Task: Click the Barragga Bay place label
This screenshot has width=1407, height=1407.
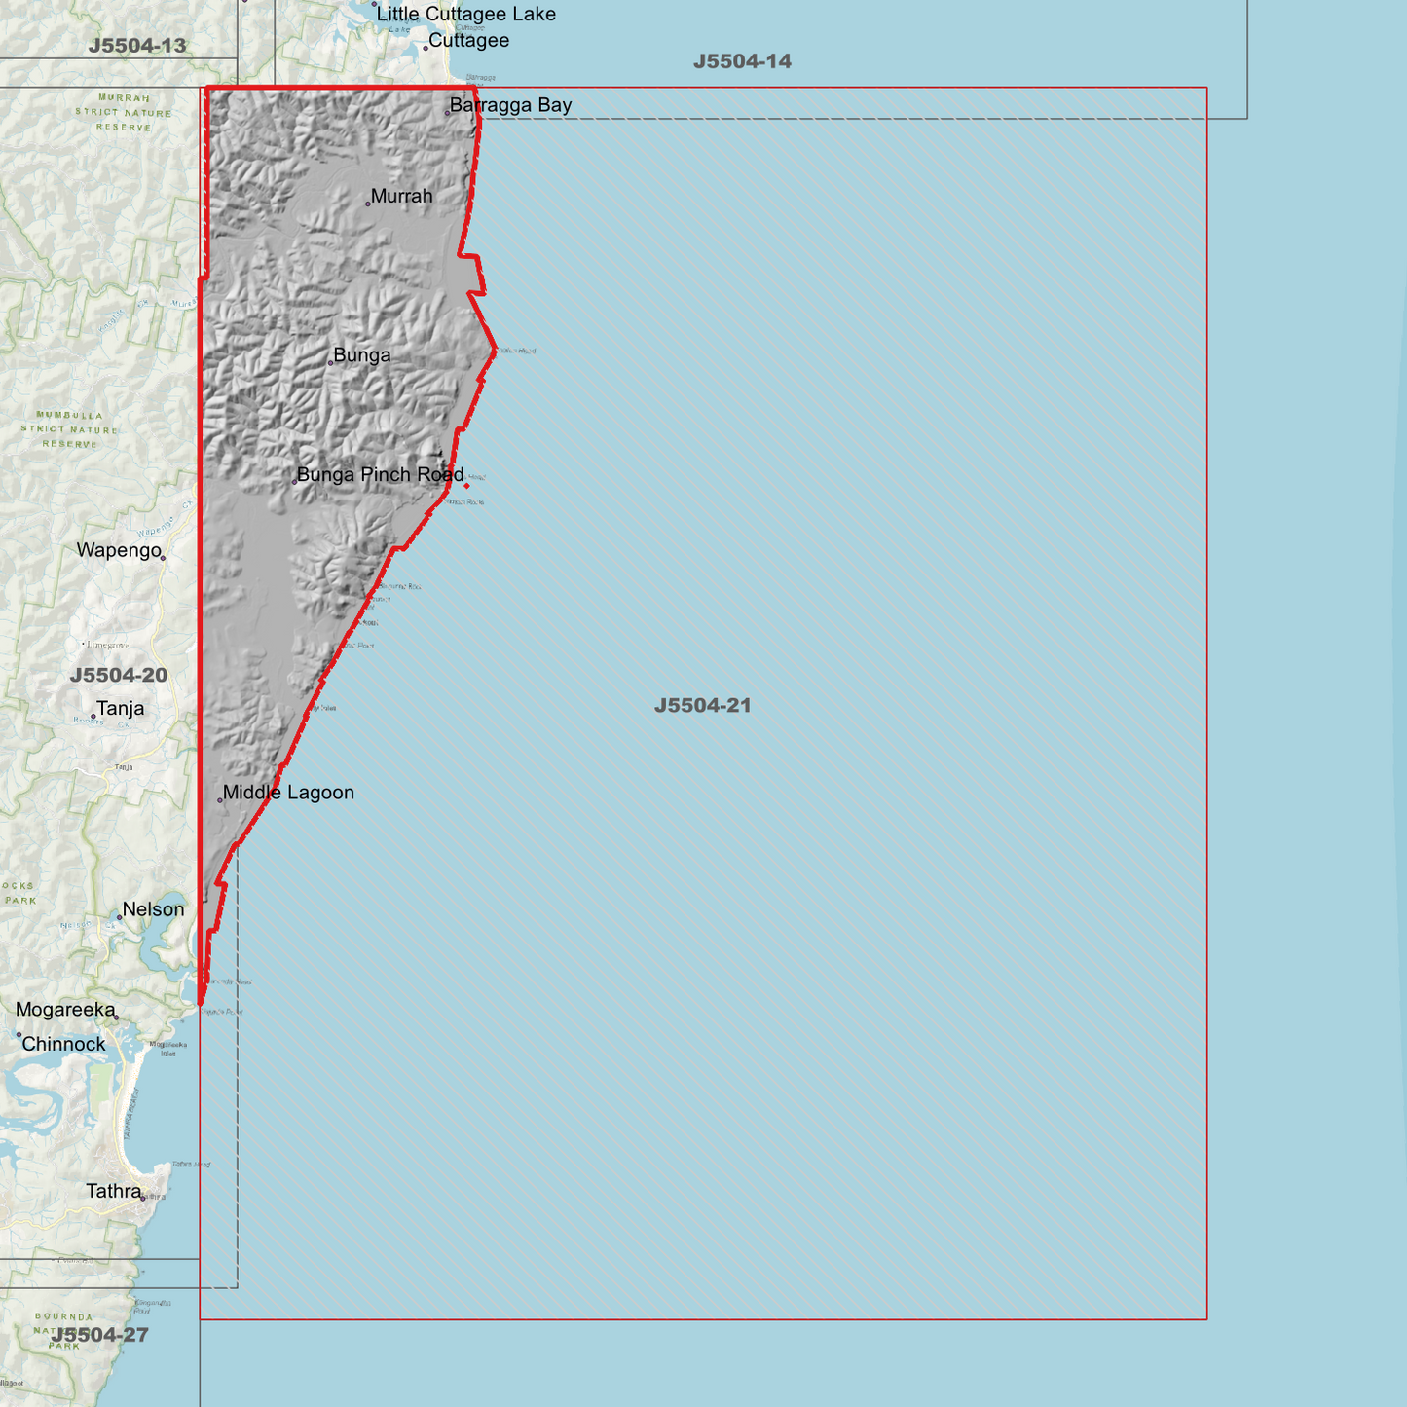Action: click(x=510, y=105)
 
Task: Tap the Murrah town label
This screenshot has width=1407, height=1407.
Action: click(x=401, y=197)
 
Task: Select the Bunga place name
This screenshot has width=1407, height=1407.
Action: click(x=361, y=355)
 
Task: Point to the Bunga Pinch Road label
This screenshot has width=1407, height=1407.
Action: click(x=380, y=475)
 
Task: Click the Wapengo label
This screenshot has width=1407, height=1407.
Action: click(x=119, y=550)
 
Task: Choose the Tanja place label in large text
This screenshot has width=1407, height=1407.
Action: click(x=120, y=709)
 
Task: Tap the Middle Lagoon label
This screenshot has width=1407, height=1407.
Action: click(x=288, y=793)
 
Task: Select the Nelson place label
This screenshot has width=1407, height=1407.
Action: click(x=153, y=909)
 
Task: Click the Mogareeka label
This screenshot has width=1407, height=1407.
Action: click(x=65, y=1010)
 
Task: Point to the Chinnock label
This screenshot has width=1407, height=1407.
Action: click(x=63, y=1044)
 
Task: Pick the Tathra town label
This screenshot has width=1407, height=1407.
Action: click(x=114, y=1191)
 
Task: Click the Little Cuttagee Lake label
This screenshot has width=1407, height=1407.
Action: click(x=465, y=15)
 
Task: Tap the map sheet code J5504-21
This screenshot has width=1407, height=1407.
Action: click(x=702, y=705)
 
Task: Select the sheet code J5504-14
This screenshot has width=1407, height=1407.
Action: click(x=742, y=61)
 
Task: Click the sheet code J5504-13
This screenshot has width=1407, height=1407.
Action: click(x=136, y=45)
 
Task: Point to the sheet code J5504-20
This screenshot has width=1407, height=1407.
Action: click(x=119, y=675)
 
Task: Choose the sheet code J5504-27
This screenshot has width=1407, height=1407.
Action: click(x=100, y=1334)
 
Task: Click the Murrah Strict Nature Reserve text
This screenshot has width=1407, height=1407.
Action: click(x=124, y=113)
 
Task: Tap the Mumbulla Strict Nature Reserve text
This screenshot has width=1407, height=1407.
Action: click(x=69, y=429)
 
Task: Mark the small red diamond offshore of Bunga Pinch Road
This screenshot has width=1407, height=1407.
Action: click(x=466, y=486)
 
